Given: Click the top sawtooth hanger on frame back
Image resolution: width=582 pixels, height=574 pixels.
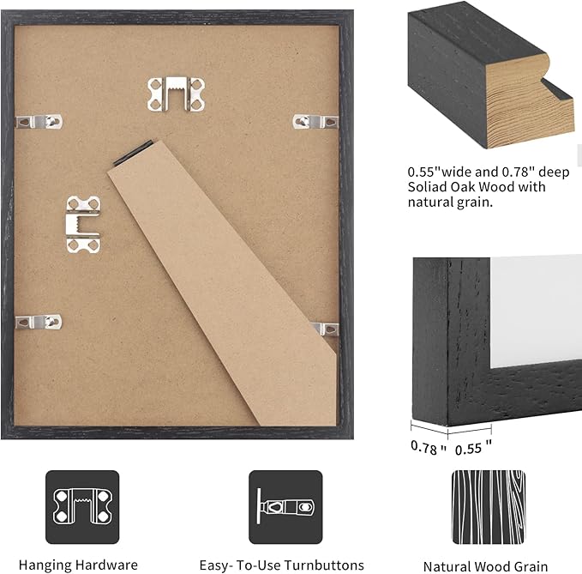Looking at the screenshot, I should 177,94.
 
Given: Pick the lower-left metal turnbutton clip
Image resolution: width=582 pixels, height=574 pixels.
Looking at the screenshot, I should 39,322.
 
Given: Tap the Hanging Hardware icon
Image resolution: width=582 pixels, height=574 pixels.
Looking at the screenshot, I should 82,507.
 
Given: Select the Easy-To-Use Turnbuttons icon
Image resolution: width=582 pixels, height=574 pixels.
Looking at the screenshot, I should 285,507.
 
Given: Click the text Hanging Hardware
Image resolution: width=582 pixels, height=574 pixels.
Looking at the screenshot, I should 78,565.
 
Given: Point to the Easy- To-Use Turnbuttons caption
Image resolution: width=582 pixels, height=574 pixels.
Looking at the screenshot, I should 281,565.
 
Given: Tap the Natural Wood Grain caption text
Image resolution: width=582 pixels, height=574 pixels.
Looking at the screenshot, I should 487,566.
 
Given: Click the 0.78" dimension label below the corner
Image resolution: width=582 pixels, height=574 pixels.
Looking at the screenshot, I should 428,447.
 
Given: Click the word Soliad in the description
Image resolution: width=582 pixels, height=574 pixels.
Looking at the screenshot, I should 428,186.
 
